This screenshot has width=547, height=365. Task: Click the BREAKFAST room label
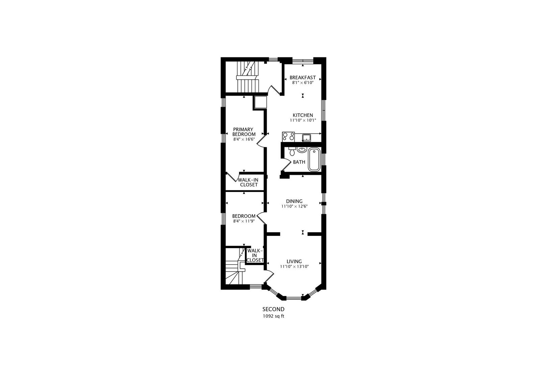303,77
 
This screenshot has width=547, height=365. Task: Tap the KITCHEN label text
303,115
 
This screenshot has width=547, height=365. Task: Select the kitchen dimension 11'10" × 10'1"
303,120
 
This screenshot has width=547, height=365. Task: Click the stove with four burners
288,137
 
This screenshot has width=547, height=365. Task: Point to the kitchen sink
306,138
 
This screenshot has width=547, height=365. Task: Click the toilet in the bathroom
292,151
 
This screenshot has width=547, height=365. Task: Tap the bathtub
314,160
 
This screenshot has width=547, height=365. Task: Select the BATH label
299,162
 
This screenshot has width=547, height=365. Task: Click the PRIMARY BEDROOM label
244,132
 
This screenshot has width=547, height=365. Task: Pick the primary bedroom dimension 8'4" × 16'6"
244,139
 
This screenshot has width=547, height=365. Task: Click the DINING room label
294,201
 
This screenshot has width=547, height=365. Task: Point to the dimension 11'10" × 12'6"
294,206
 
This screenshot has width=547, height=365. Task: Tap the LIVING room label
294,261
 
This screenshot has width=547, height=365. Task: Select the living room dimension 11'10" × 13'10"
294,266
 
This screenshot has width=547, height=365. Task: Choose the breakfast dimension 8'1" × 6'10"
303,83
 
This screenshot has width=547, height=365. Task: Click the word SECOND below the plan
273,309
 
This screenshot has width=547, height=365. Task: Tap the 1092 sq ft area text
273,316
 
